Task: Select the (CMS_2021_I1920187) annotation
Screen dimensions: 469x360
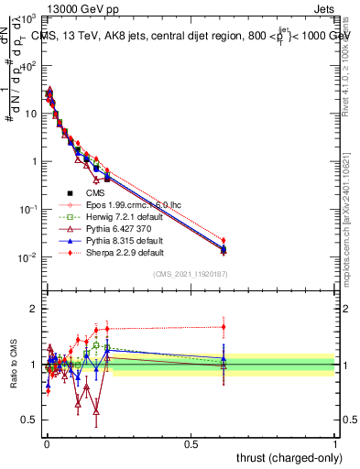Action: pyautogui.click(x=190, y=274)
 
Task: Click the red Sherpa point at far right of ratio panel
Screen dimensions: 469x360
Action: pyautogui.click(x=223, y=327)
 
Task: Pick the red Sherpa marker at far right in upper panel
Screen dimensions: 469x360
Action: pyautogui.click(x=223, y=241)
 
